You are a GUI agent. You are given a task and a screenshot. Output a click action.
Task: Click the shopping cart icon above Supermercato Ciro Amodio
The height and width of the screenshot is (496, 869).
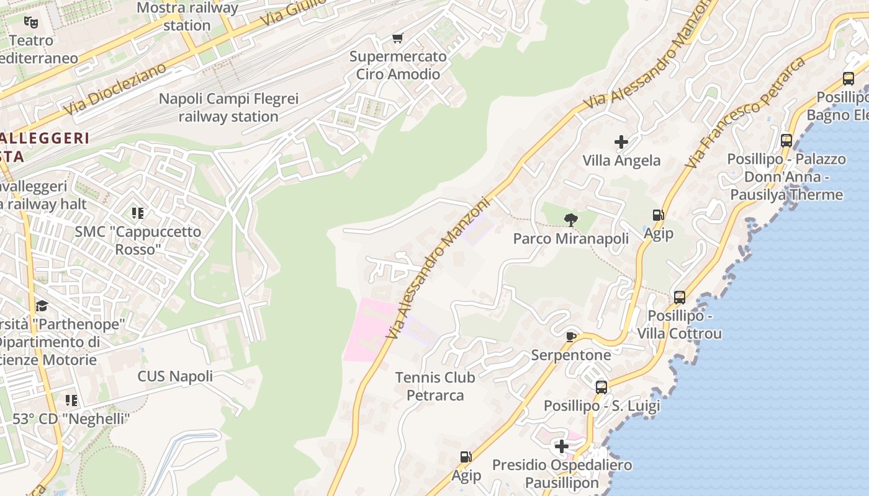point(398,38)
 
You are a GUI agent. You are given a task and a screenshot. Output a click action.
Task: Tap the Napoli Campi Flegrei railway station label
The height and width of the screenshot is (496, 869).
point(228,108)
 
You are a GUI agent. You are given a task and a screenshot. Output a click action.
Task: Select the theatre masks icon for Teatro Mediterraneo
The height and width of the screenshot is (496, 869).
point(31,22)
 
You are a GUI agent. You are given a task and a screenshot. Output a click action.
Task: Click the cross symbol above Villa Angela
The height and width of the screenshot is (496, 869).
point(621,142)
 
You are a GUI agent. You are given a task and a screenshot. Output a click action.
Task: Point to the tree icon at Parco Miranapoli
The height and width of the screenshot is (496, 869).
point(570,219)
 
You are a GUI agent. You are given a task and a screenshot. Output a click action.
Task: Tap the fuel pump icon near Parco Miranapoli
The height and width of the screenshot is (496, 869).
point(658,215)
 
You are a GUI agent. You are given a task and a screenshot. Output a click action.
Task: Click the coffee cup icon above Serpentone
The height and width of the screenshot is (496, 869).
point(571,337)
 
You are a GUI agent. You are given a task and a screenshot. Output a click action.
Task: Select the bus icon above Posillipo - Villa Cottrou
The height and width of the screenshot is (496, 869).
point(680,297)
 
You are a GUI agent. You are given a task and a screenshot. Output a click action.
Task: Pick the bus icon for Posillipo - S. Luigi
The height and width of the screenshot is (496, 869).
point(601,387)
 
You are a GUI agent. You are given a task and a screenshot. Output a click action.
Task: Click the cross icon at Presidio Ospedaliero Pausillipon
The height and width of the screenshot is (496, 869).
point(561,446)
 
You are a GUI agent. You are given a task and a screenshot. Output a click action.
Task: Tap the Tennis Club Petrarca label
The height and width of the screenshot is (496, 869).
point(435,386)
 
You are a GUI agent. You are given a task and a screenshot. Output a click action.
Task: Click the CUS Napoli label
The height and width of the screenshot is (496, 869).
point(175,376)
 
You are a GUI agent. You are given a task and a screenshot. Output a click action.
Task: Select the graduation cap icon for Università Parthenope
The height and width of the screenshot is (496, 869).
point(42,306)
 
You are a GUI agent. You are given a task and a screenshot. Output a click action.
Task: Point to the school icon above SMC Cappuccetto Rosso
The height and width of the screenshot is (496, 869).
point(138,213)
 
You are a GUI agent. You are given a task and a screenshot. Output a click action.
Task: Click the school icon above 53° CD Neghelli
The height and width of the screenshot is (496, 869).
point(71,401)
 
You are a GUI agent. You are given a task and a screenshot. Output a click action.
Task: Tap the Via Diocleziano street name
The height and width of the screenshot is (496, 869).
point(115,89)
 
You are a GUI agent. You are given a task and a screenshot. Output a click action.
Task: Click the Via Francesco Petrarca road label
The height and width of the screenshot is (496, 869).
point(745,113)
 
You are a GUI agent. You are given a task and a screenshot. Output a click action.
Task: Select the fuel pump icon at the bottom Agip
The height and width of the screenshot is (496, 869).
point(466,457)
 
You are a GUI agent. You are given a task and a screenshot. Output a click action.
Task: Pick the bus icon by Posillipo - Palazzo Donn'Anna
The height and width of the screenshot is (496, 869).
point(786,140)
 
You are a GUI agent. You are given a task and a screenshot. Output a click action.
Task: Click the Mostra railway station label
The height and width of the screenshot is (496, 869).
point(187,17)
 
